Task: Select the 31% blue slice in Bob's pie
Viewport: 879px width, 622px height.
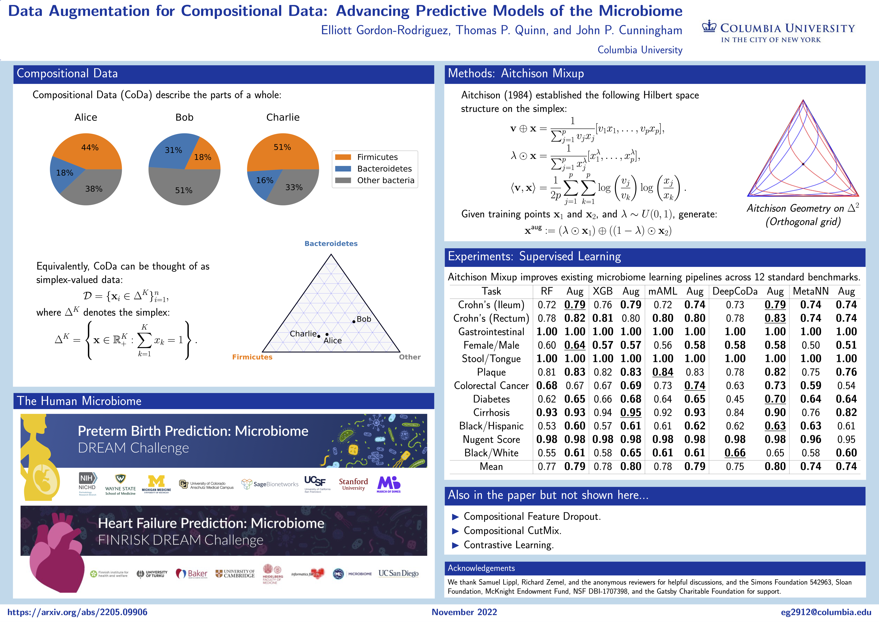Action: pyautogui.click(x=172, y=151)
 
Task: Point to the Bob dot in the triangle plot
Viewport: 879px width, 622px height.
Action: pyautogui.click(x=354, y=321)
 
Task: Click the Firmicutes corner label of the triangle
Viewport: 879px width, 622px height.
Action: pyautogui.click(x=252, y=357)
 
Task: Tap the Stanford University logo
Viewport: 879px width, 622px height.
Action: pyautogui.click(x=353, y=484)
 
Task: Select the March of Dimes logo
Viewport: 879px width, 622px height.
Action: pyautogui.click(x=389, y=484)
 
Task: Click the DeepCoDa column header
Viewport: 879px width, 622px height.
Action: pyautogui.click(x=735, y=292)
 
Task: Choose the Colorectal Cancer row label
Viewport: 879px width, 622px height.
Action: pyautogui.click(x=491, y=386)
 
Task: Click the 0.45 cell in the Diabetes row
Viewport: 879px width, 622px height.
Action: pyautogui.click(x=735, y=399)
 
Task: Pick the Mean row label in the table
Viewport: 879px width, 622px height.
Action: pyautogui.click(x=491, y=466)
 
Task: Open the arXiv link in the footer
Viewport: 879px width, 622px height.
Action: pyautogui.click(x=77, y=612)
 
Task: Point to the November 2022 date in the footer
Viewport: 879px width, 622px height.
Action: pyautogui.click(x=464, y=612)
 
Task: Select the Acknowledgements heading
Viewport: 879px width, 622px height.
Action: pyautogui.click(x=481, y=568)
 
